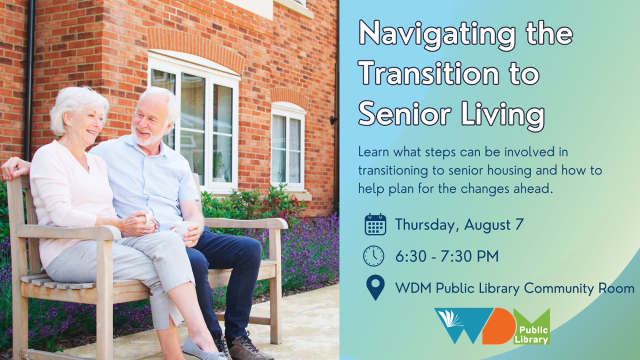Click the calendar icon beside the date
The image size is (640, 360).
tap(375, 224)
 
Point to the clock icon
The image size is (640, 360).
tap(373, 256)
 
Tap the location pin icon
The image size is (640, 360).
tap(375, 287)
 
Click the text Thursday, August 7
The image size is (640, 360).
tap(459, 225)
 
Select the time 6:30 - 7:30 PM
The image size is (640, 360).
tap(447, 256)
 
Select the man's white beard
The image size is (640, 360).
tap(147, 136)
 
